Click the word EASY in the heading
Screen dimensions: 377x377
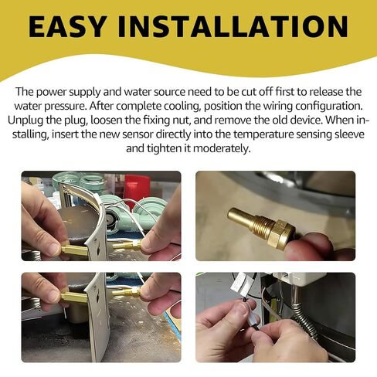67,26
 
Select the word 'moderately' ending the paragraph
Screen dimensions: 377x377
222,148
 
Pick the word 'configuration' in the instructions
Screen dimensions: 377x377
329,107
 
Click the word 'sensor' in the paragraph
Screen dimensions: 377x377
138,134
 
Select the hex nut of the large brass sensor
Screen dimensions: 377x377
282,234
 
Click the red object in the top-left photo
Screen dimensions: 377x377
137,188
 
